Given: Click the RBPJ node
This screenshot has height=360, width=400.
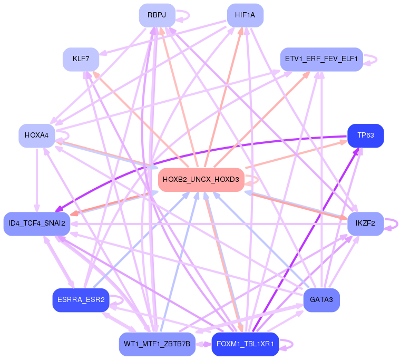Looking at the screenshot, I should (157, 15).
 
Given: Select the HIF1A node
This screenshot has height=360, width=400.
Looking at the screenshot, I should (245, 15).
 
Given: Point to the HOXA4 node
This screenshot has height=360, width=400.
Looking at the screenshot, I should (36, 135).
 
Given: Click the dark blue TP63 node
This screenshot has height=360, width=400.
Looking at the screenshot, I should (365, 135).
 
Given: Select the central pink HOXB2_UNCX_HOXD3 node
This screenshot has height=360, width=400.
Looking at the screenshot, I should (201, 180).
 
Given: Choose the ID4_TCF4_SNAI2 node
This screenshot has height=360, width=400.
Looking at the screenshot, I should (36, 223).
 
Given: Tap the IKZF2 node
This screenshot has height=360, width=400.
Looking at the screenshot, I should (365, 223).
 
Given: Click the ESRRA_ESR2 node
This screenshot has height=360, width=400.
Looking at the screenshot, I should (81, 300).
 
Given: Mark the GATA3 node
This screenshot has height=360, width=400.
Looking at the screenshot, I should (321, 300).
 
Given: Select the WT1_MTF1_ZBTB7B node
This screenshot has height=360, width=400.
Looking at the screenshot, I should (157, 344).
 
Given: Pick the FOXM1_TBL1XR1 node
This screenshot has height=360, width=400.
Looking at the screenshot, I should (245, 344).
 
